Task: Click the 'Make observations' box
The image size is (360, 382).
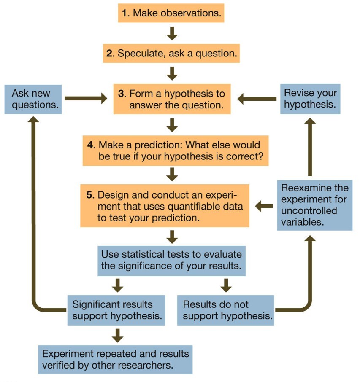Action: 171,13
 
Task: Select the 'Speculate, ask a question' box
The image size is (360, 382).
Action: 171,54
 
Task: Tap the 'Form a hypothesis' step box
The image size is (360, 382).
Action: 172,99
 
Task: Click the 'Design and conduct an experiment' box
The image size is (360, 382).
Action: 165,206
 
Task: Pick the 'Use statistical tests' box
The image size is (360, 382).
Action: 171,260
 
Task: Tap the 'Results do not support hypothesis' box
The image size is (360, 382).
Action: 225,310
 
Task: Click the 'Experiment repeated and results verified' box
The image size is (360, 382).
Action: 115,359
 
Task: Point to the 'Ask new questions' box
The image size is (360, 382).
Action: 33,99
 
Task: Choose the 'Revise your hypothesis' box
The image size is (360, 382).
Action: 310,99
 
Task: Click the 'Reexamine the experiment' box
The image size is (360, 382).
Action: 314,205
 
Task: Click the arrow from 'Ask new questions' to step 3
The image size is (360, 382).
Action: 87,99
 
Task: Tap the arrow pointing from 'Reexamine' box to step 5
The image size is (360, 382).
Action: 264,206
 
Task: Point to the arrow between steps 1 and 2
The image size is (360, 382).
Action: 171,33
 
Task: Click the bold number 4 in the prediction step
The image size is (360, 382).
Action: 91,145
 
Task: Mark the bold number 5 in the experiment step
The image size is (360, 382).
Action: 89,196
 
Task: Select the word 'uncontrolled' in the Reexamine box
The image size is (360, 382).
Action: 309,210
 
